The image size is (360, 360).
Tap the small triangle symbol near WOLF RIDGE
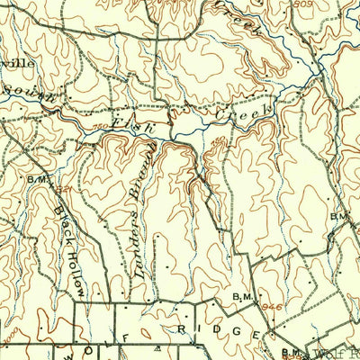(x=158, y=346)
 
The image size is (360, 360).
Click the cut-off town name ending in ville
(x=20, y=65)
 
